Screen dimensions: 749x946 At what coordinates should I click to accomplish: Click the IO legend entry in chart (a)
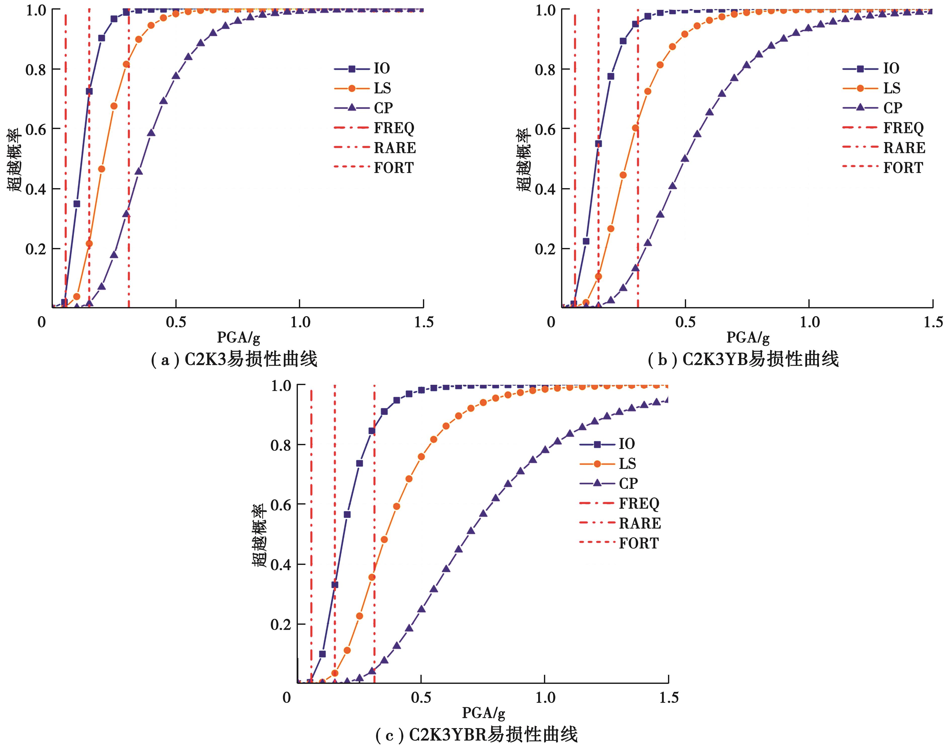coord(381,68)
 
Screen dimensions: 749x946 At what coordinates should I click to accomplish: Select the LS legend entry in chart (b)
coord(891,88)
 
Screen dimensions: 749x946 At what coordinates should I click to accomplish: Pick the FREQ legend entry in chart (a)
coord(393,128)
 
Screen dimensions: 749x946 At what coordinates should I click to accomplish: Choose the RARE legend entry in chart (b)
coord(903,148)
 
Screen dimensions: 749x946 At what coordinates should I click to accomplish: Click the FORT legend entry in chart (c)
coord(638,543)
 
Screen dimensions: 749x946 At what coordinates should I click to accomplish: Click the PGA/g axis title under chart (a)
coord(238,338)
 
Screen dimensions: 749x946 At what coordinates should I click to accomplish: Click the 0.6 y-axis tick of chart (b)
coord(545,129)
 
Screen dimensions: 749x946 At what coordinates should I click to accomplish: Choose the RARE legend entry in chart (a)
coord(394,148)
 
